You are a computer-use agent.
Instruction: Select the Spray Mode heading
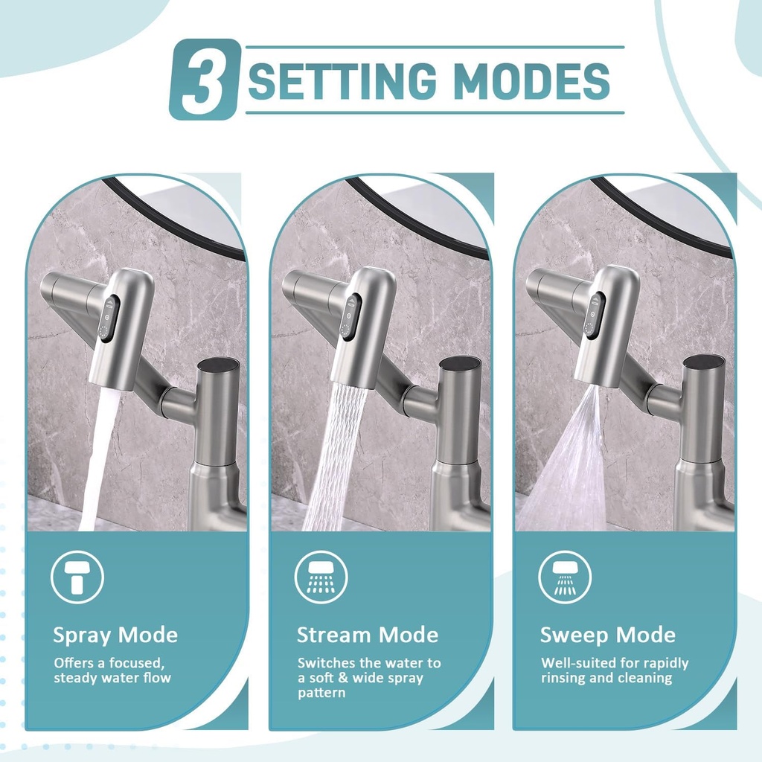pyautogui.click(x=115, y=635)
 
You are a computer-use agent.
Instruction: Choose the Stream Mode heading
pyautogui.click(x=368, y=635)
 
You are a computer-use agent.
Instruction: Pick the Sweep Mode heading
pyautogui.click(x=608, y=635)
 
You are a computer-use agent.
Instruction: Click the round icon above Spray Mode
pyautogui.click(x=77, y=577)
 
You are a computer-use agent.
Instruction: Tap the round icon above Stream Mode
pyautogui.click(x=321, y=577)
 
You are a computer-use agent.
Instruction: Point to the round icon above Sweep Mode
pyautogui.click(x=565, y=577)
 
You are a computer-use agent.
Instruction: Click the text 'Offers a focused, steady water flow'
pyautogui.click(x=112, y=670)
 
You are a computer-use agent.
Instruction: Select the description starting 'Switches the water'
pyautogui.click(x=368, y=677)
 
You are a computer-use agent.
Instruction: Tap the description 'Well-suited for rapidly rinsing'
pyautogui.click(x=615, y=670)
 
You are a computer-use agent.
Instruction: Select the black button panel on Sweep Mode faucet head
pyautogui.click(x=594, y=316)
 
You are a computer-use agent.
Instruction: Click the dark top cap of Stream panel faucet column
pyautogui.click(x=460, y=364)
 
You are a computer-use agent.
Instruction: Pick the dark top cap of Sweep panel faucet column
pyautogui.click(x=703, y=362)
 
